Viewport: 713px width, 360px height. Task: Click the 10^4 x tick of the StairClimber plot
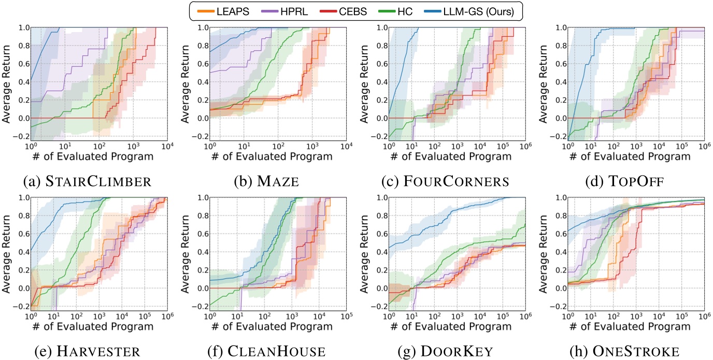[x=167, y=147]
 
